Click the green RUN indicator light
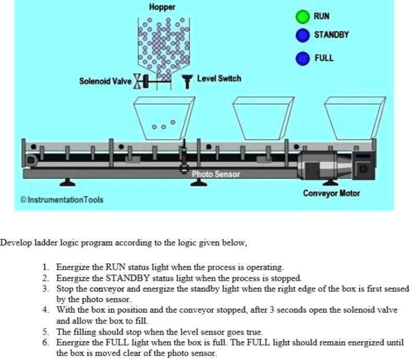[302, 17]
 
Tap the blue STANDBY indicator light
[302, 35]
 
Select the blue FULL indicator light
[302, 58]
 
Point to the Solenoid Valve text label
[105, 81]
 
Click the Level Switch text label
[219, 79]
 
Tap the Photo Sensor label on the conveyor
[215, 174]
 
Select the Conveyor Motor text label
[331, 193]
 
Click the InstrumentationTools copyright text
[62, 200]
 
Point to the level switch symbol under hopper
[186, 81]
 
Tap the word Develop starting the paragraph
[16, 243]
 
